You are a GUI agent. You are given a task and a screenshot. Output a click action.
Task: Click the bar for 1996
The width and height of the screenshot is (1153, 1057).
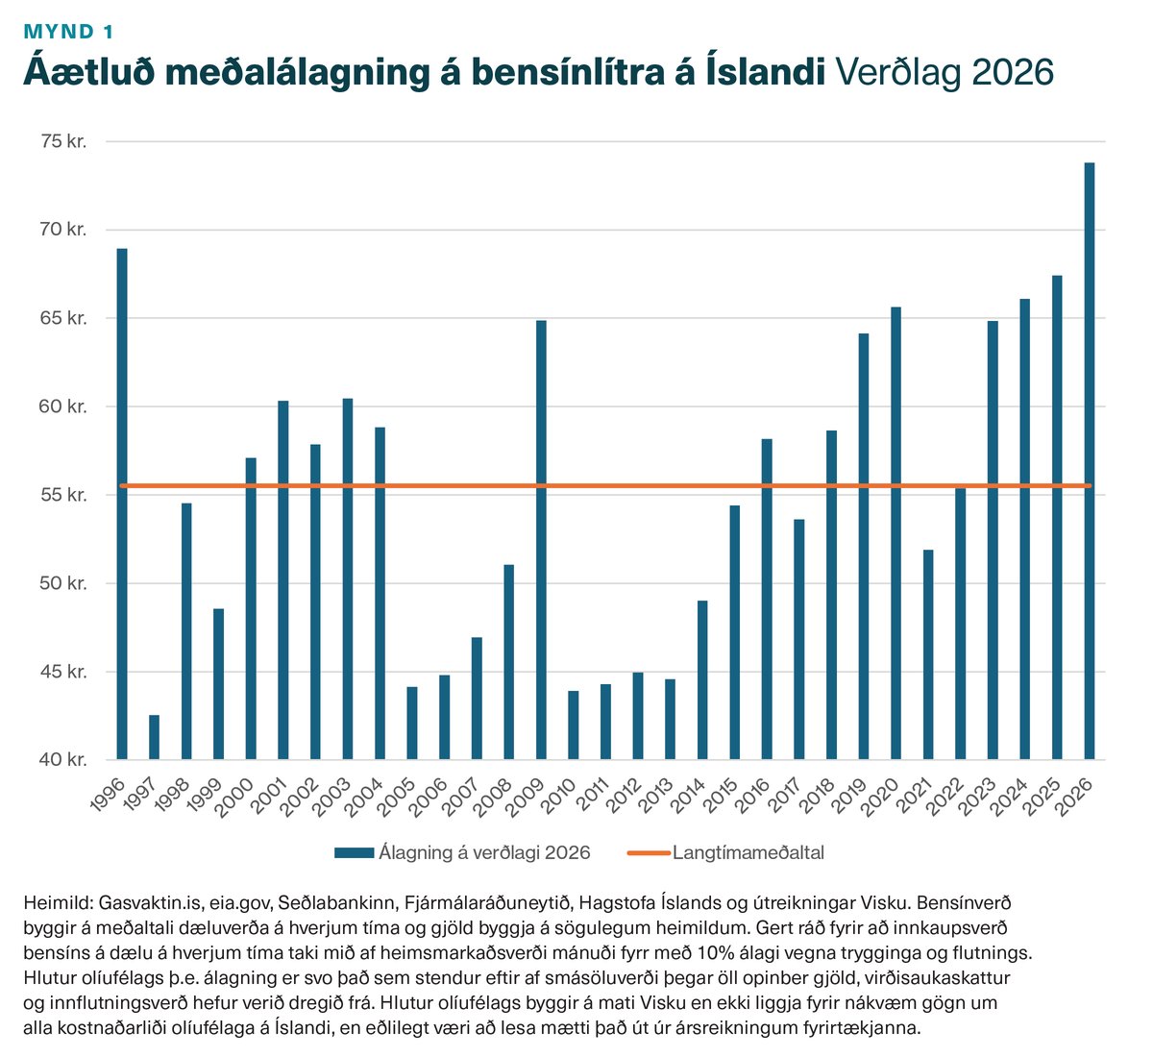pos(122,504)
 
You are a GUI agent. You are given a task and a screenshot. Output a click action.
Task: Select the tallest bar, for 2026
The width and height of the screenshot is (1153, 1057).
pos(1090,461)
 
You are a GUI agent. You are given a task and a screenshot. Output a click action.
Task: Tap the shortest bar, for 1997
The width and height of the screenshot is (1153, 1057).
pos(154,737)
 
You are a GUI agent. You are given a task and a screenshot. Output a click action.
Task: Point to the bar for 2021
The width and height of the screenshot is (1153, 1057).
pos(928,654)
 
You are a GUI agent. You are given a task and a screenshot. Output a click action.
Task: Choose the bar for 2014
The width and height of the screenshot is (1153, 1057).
pos(702,680)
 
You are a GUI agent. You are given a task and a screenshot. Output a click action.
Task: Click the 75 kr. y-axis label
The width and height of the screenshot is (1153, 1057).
pos(64,141)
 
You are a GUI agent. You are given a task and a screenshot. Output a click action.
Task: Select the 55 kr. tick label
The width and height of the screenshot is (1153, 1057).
pos(64,495)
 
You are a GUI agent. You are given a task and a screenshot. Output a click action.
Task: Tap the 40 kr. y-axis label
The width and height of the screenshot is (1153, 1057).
pos(64,760)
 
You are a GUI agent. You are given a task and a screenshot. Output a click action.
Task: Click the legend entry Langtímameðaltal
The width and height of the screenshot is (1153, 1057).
pos(748,852)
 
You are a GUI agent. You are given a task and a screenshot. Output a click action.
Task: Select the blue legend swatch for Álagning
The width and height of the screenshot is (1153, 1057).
pos(354,852)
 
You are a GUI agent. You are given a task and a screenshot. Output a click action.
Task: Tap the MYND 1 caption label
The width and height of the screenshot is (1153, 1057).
pos(68,31)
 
